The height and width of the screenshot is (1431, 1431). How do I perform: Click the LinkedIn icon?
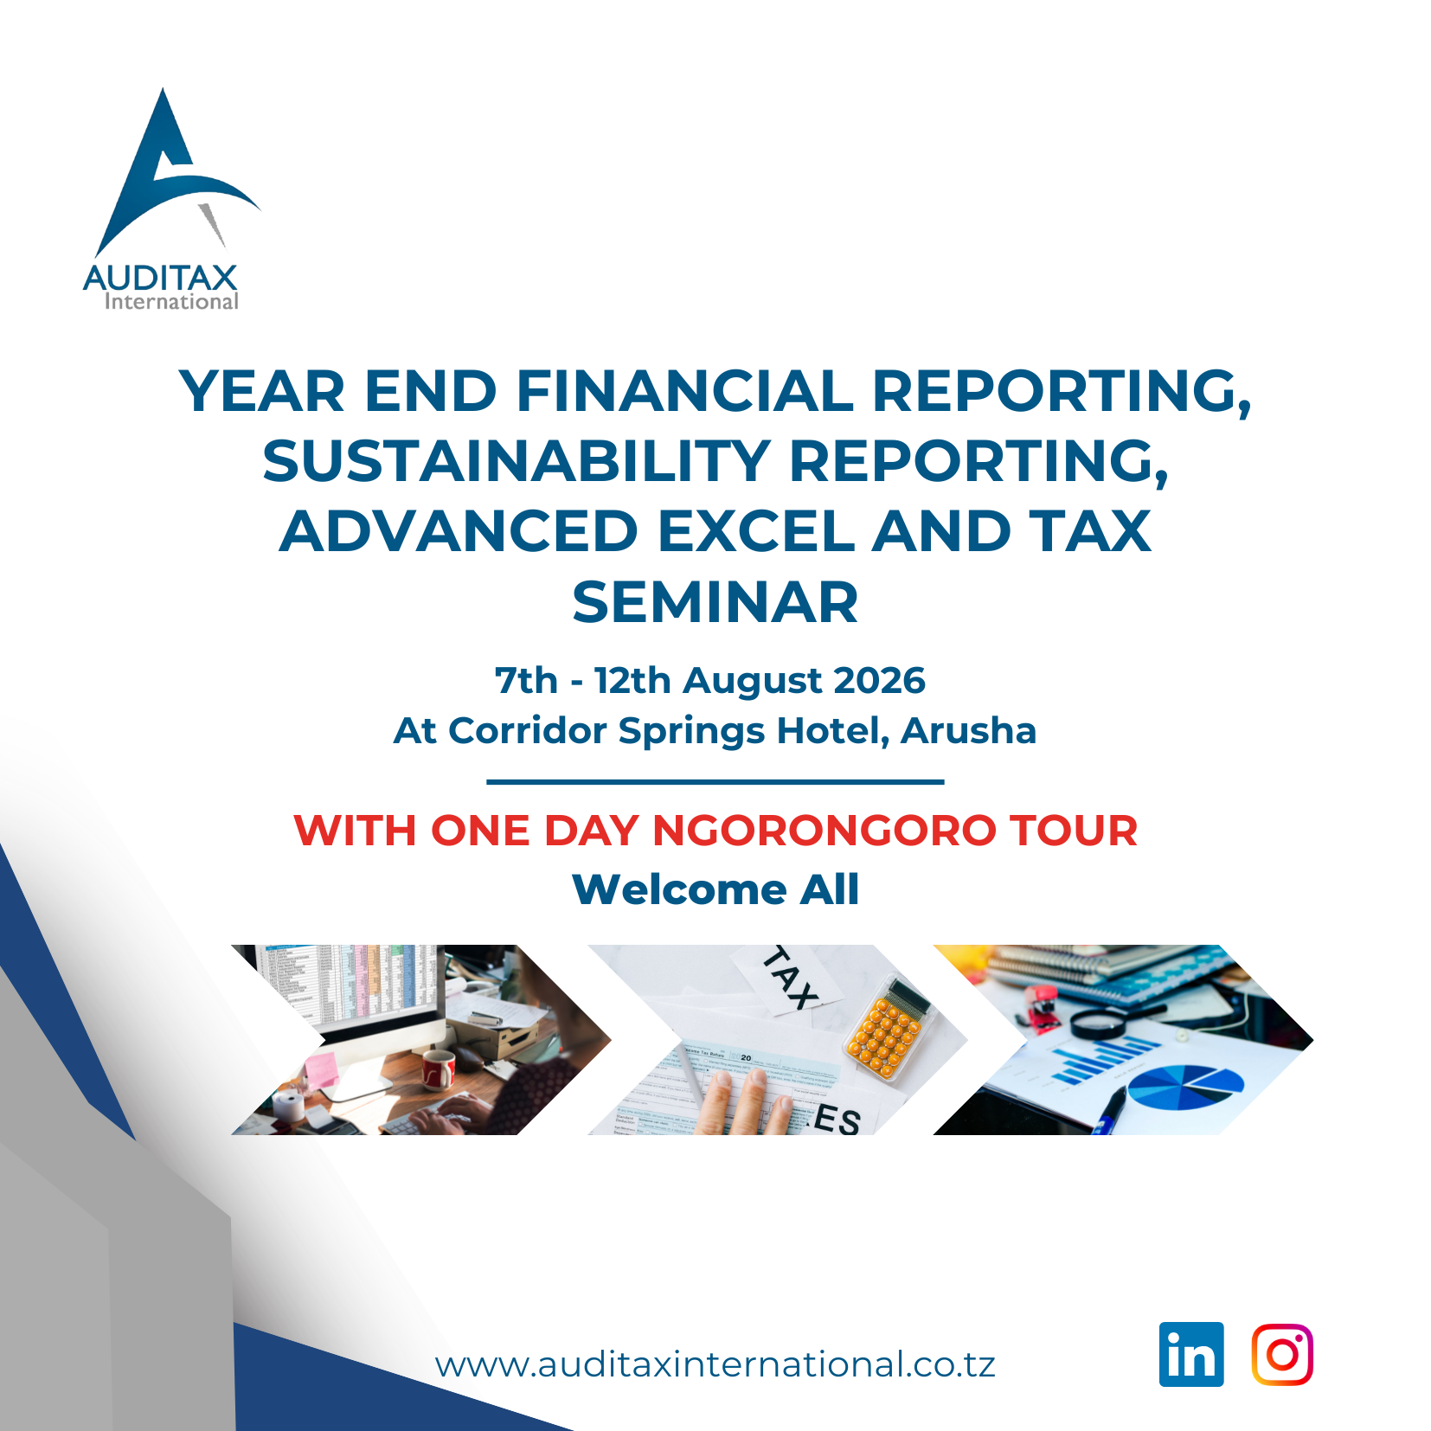1191,1354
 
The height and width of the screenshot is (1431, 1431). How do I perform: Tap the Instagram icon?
1282,1354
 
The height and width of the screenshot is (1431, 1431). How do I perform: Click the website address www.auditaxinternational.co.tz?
715,1364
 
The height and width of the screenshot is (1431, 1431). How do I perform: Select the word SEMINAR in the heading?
715,602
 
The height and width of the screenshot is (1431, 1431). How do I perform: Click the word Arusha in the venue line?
968,730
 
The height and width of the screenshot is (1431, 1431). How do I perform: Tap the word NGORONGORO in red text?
824,831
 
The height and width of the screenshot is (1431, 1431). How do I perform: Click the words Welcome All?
715,889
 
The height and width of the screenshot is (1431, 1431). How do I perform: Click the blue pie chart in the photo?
1185,1087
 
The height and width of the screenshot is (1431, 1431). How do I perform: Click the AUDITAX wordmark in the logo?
161,278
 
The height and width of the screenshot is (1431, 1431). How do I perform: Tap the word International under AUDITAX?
171,301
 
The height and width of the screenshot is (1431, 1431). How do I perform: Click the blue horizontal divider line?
715,781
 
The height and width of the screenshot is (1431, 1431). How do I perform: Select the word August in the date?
753,682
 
